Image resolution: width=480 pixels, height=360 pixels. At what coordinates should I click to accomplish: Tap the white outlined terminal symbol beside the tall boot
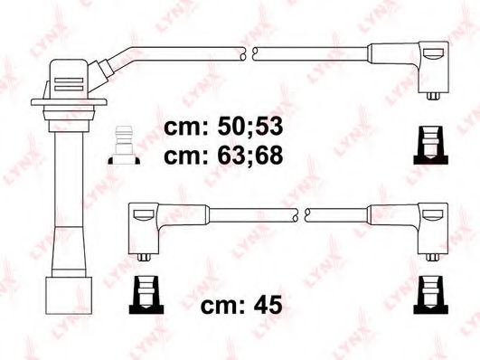pos(122,147)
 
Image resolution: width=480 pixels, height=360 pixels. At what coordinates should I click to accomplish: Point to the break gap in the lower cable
pos(303,213)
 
